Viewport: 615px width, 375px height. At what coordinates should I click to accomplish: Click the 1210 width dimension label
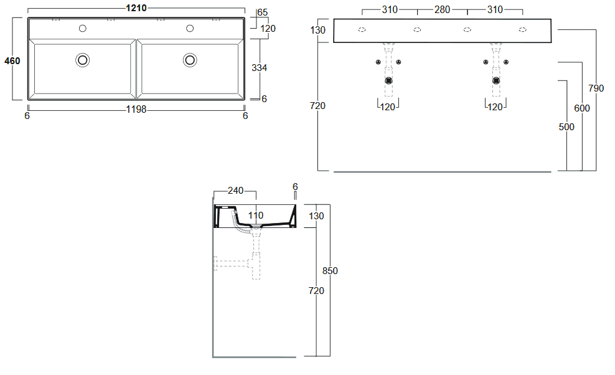coord(136,8)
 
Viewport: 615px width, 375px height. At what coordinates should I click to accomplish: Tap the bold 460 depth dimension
coord(12,61)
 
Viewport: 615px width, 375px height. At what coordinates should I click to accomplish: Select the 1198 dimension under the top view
coord(136,110)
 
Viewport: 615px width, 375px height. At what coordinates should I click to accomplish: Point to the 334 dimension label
coord(259,68)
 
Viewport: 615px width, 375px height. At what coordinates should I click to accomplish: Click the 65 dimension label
coord(263,12)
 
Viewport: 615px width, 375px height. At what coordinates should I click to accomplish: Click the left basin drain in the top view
coord(82,60)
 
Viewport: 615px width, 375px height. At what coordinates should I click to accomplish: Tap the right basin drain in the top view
coord(190,60)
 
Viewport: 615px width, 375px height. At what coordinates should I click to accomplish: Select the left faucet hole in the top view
coord(82,28)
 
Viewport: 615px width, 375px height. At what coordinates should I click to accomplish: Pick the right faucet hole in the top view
coord(190,28)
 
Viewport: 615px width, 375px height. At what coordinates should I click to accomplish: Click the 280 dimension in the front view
coord(442,10)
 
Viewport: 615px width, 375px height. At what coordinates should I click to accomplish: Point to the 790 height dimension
coord(596,88)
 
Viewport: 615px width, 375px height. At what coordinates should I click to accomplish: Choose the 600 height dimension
coord(581,108)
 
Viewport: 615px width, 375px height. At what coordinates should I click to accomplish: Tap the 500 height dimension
coord(566,127)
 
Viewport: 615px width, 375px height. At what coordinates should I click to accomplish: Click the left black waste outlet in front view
coord(388,81)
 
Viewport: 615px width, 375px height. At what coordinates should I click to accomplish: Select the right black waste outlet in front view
coord(496,81)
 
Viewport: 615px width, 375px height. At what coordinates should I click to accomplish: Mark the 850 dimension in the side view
coord(330,271)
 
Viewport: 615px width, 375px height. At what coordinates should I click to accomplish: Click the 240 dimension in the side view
coord(235,191)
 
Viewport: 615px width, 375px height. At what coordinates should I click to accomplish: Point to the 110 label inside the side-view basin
coord(256,216)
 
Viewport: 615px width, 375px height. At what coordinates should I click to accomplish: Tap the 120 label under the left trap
coord(388,107)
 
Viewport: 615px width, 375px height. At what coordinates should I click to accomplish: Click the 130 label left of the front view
coord(317,31)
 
